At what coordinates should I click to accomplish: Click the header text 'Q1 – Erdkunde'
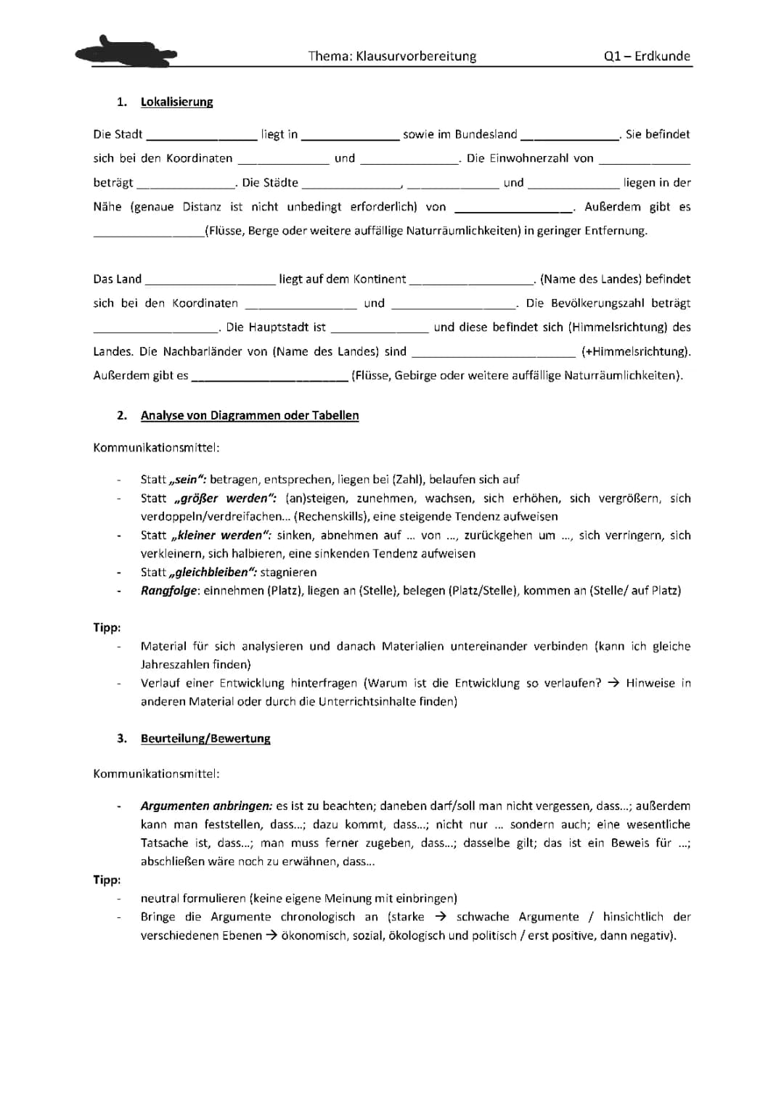click(646, 57)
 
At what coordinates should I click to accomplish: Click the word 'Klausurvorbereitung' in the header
click(416, 57)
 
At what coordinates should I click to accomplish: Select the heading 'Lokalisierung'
click(176, 102)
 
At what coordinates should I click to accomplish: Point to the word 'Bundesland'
click(486, 134)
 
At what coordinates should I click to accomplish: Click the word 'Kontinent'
click(380, 279)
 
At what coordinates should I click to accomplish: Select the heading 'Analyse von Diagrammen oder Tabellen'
click(250, 416)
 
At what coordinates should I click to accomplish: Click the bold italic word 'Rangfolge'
click(168, 591)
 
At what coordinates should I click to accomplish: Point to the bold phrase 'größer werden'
click(225, 499)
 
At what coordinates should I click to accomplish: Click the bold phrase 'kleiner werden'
click(219, 536)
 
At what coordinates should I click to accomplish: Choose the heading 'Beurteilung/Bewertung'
click(205, 739)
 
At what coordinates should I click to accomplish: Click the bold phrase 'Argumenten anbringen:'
click(206, 806)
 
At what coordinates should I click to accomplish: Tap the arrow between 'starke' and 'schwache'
click(440, 917)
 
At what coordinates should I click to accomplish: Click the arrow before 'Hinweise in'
click(613, 684)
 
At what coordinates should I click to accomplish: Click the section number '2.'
click(122, 416)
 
